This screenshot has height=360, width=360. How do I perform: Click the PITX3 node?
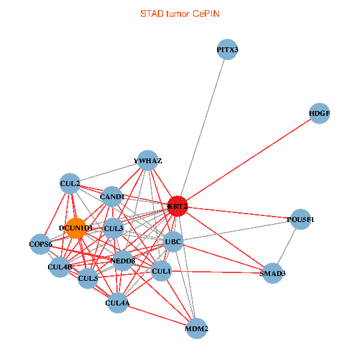pos(227,50)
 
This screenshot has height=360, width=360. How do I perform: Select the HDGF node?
pos(319,113)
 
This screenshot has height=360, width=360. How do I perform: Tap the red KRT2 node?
pos(178,206)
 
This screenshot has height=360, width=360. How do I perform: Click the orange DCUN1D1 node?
pos(76,228)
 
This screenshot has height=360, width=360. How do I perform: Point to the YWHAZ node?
pos(148,161)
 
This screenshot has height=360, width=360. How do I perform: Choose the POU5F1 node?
pos(301,220)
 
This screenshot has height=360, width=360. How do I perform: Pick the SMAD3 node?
pos(273,273)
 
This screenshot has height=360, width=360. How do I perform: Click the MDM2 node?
pos(197,328)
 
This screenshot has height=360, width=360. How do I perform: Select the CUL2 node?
pos(70,183)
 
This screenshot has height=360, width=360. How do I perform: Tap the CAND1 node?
pos(112,196)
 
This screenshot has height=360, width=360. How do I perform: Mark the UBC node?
pos(173,242)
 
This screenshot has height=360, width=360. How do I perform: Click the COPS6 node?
pos(41,244)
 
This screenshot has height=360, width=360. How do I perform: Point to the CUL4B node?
pos(60,266)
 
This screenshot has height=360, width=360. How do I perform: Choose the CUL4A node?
pos(118,303)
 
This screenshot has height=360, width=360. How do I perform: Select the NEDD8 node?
pos(124,260)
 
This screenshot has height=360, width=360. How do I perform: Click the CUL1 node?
pos(161,271)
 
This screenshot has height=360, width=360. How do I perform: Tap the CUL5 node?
pos(88,278)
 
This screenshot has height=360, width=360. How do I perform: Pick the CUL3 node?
pos(113,228)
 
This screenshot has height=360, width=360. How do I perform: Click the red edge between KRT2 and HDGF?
pos(248,159)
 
